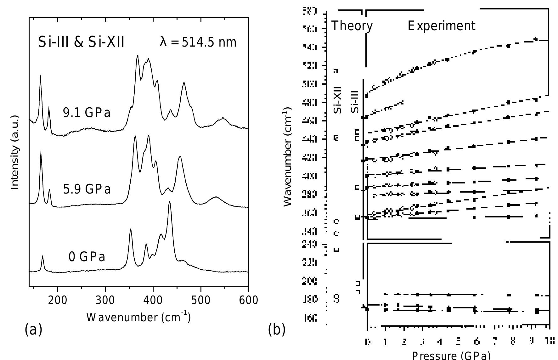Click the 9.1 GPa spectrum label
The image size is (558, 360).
tap(87, 112)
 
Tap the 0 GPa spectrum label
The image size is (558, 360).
tap(87, 257)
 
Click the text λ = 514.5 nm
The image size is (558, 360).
tap(198, 42)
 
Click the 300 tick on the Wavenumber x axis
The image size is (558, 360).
tap(105, 300)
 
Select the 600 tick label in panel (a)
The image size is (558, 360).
tap(248, 300)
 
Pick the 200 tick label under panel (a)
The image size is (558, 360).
tap(58, 300)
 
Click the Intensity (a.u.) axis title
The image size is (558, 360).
tap(15, 153)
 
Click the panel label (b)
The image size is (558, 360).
tap(277, 329)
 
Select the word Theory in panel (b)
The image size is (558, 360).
tap(352, 26)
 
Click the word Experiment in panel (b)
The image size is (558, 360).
tap(442, 26)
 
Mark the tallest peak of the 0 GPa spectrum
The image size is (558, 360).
tap(170, 202)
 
